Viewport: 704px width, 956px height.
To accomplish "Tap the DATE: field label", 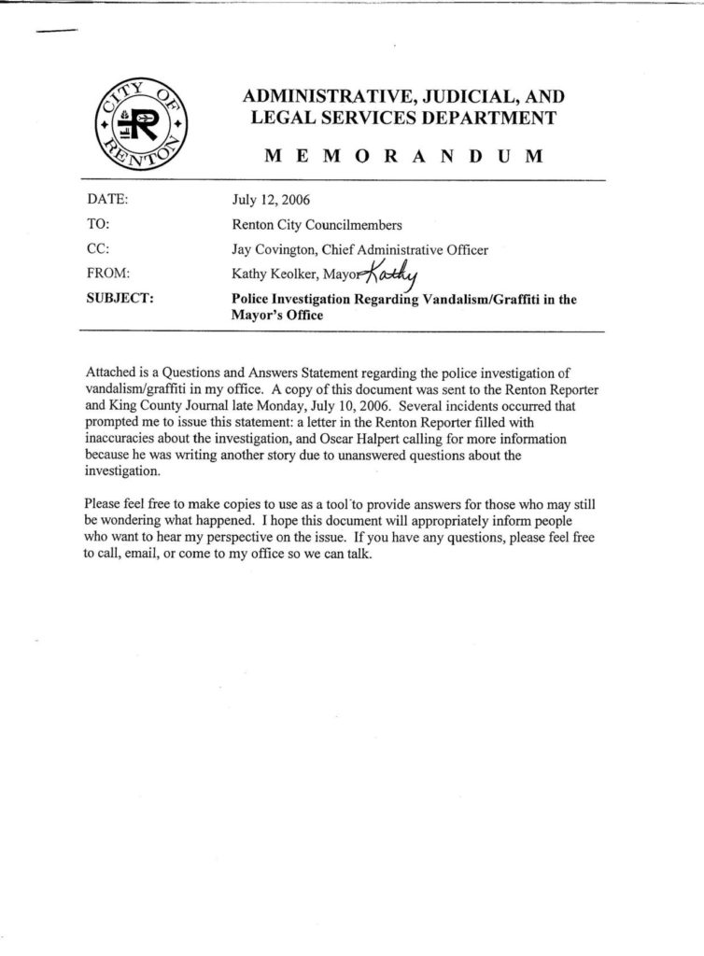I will click(107, 200).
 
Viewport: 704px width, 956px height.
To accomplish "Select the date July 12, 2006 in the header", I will click(271, 200).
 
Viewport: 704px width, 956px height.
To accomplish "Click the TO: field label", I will click(98, 224).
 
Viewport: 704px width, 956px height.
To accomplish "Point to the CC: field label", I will click(98, 248).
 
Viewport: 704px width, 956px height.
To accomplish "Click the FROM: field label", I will click(107, 274).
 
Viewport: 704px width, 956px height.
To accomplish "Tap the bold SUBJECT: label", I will click(120, 299).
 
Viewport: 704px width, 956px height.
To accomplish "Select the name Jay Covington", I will click(275, 249).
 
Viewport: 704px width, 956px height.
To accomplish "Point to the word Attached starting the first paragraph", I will click(109, 374).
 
